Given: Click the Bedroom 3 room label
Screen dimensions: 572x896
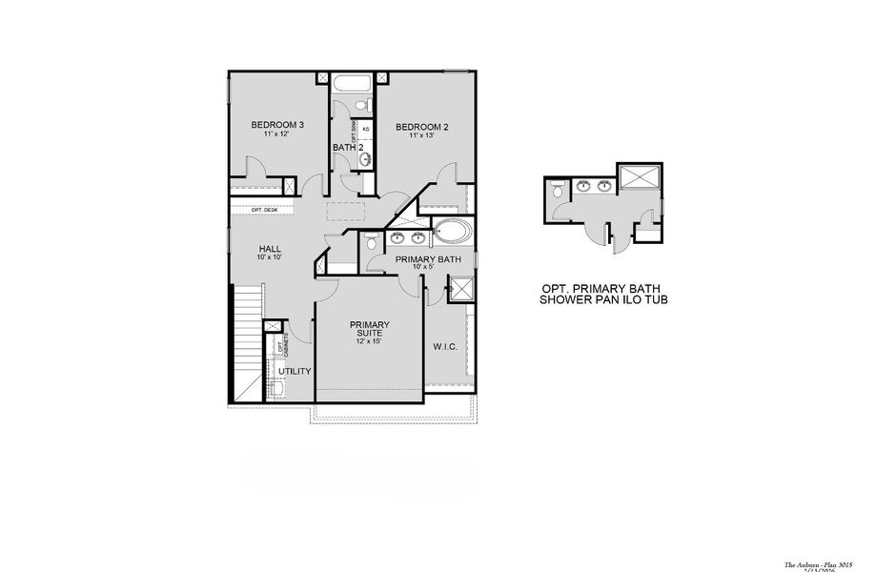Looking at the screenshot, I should coord(277,125).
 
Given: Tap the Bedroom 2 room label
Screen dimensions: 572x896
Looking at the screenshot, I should coord(421,127).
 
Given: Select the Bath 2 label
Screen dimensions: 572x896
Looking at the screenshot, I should coord(348,147).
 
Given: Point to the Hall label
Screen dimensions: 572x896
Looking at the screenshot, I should coord(269,249).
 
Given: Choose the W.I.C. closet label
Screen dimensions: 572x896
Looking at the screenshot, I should coord(445,346).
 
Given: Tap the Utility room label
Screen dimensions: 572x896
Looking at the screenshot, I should coord(295,371).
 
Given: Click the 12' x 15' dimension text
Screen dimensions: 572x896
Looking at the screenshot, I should coord(368,340).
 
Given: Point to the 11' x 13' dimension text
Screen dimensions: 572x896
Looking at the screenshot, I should coord(421,136).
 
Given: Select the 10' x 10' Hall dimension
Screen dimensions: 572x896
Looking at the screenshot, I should coord(269,257).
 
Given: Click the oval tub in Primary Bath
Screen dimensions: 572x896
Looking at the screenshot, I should coord(453,232).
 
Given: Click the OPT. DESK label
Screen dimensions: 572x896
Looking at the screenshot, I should coord(263,210).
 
